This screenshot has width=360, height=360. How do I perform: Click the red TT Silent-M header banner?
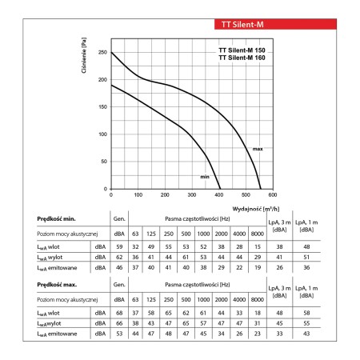(x=275, y=24)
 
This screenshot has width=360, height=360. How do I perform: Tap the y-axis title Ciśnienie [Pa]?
(x=84, y=55)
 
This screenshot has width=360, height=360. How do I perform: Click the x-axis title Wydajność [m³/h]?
(x=256, y=209)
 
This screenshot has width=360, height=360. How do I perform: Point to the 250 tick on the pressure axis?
(x=102, y=52)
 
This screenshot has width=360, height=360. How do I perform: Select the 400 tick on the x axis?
(x=219, y=195)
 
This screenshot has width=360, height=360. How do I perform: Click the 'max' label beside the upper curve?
(x=258, y=149)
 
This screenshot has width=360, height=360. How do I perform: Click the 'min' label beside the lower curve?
(x=205, y=177)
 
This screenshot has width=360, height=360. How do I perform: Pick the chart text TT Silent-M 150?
(x=242, y=50)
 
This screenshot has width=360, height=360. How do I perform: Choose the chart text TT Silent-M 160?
(x=242, y=58)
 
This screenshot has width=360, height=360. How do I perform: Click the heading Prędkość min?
(x=56, y=219)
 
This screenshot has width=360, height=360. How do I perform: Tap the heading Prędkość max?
(x=57, y=285)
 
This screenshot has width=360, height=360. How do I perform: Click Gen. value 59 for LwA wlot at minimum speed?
(x=119, y=247)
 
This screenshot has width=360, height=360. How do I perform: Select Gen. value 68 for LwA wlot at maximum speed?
(x=119, y=313)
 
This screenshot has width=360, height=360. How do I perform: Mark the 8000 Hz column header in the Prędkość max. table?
(x=258, y=300)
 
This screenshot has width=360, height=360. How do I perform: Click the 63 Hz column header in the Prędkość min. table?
(x=135, y=234)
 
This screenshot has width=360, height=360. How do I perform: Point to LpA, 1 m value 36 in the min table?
(x=306, y=267)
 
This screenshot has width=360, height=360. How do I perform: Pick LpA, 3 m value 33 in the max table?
(x=279, y=334)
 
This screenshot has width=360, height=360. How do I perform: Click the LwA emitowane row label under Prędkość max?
(x=57, y=334)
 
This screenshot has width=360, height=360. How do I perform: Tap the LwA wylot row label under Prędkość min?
(x=50, y=258)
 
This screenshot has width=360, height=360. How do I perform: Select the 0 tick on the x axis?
(x=111, y=195)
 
